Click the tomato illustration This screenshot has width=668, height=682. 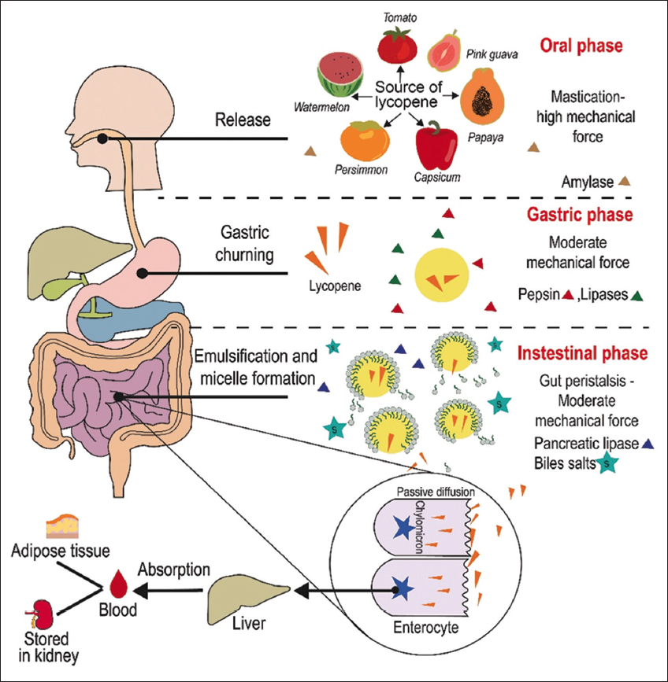click(x=396, y=45)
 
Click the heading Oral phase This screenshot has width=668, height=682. click(x=581, y=46)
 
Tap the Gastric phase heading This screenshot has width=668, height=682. click(x=577, y=215)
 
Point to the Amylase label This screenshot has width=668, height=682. click(x=586, y=182)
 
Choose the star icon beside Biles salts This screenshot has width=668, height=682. click(x=607, y=464)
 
